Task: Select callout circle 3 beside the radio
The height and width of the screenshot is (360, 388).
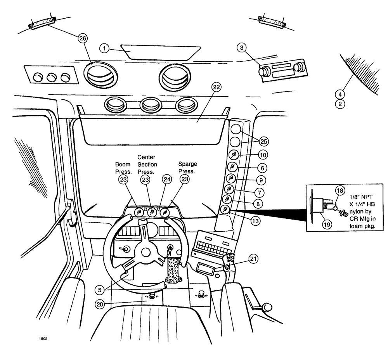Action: point(241,48)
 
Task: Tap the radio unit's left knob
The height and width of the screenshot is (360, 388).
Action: point(266,71)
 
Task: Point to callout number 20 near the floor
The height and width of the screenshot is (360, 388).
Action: point(100,305)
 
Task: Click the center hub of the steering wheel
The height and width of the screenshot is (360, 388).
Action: point(146,252)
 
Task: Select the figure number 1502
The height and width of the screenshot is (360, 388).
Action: point(43,338)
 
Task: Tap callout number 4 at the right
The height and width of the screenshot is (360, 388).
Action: point(339,94)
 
